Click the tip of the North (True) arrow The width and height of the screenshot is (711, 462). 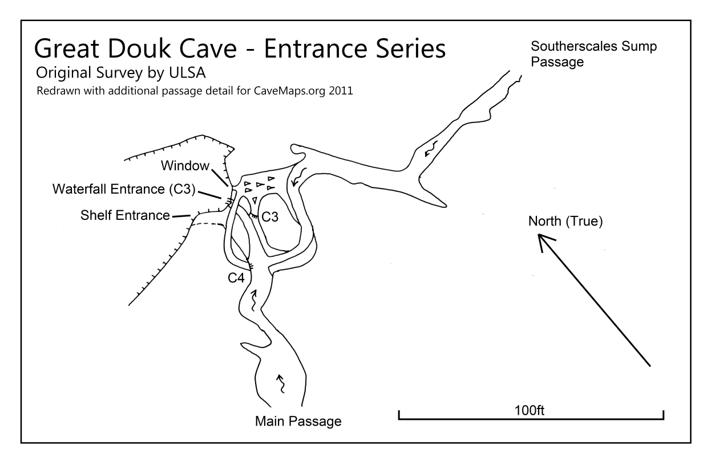point(538,234)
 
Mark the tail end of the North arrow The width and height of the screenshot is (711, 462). point(651,366)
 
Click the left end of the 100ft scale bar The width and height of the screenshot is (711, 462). point(399,419)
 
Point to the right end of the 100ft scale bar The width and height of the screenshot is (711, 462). point(664,419)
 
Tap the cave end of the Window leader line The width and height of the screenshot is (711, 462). point(228,186)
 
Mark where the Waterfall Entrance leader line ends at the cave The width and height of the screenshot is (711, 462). point(221,198)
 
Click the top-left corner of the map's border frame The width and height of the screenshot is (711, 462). point(21,21)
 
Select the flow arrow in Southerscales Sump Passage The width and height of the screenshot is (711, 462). point(431,149)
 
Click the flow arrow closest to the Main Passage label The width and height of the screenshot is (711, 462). point(281,384)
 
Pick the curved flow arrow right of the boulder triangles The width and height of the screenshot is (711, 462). point(298,177)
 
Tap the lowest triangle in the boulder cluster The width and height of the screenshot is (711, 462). point(254,201)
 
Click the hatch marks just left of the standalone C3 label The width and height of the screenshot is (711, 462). point(254,216)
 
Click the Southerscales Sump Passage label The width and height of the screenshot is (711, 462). point(593,54)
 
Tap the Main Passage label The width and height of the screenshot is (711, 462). point(298,422)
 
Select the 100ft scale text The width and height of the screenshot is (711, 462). point(529,410)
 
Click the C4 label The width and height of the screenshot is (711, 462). point(236,278)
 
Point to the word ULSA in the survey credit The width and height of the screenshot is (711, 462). point(187,72)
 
